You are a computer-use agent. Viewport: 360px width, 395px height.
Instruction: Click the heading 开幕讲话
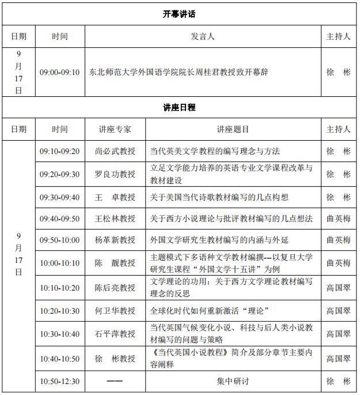(180, 14)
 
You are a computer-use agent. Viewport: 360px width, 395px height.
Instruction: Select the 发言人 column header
(203, 36)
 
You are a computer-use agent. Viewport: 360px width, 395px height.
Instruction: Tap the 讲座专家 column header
(115, 129)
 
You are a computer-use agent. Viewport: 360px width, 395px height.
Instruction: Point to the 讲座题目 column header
(233, 129)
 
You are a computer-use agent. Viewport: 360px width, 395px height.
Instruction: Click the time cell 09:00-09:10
(59, 73)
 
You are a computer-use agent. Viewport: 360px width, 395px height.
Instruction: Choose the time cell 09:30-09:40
(59, 197)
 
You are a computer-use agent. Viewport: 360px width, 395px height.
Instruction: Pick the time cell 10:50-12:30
(59, 381)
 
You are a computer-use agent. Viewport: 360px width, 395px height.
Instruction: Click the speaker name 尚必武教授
(115, 151)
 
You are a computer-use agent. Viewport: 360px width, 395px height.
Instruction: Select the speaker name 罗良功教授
(115, 174)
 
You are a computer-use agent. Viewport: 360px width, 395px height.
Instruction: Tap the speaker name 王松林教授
(115, 219)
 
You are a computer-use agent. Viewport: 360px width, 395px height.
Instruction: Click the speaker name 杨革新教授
(115, 240)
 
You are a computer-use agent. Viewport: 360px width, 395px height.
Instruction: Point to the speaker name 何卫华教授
(115, 311)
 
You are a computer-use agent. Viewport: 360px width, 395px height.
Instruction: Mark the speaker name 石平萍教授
(115, 334)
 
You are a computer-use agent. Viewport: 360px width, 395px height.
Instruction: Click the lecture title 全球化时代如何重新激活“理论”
(210, 311)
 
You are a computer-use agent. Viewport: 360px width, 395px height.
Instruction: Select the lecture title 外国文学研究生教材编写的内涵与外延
(219, 240)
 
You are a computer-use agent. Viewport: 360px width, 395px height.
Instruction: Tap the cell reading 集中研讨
(233, 381)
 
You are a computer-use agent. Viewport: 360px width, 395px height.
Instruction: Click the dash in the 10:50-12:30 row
(115, 381)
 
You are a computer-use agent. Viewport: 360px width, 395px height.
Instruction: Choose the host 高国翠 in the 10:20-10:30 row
(338, 311)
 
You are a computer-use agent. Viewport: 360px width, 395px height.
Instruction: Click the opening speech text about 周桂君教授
(179, 73)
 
